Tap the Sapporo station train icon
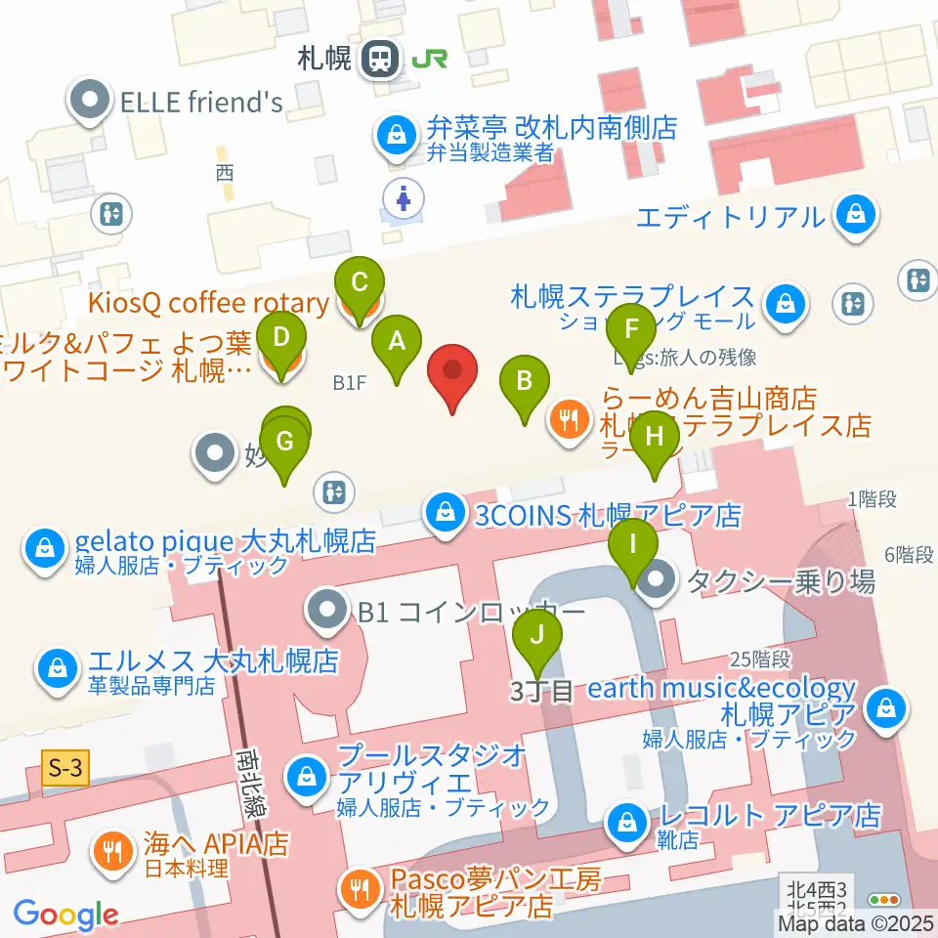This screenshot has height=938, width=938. [x=380, y=61]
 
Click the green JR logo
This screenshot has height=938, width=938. [x=430, y=60]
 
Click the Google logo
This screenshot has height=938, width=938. [x=65, y=915]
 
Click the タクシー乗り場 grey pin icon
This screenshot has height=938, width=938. [x=661, y=582]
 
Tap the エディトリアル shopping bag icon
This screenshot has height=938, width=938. [x=856, y=215]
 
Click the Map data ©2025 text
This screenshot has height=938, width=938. [x=856, y=922]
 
